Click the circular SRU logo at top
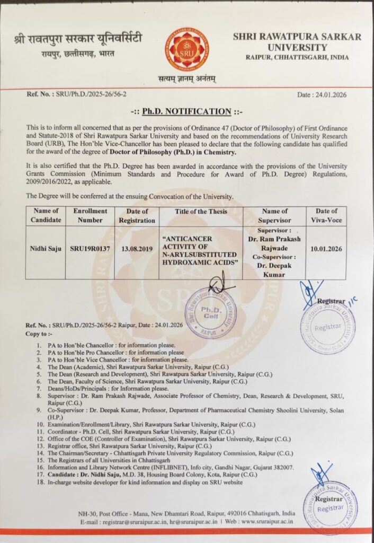click(186, 50)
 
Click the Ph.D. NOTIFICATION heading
click(186, 112)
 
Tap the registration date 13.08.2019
click(137, 248)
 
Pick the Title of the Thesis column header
click(201, 212)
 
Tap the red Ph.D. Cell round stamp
click(210, 313)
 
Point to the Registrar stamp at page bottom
click(330, 506)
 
